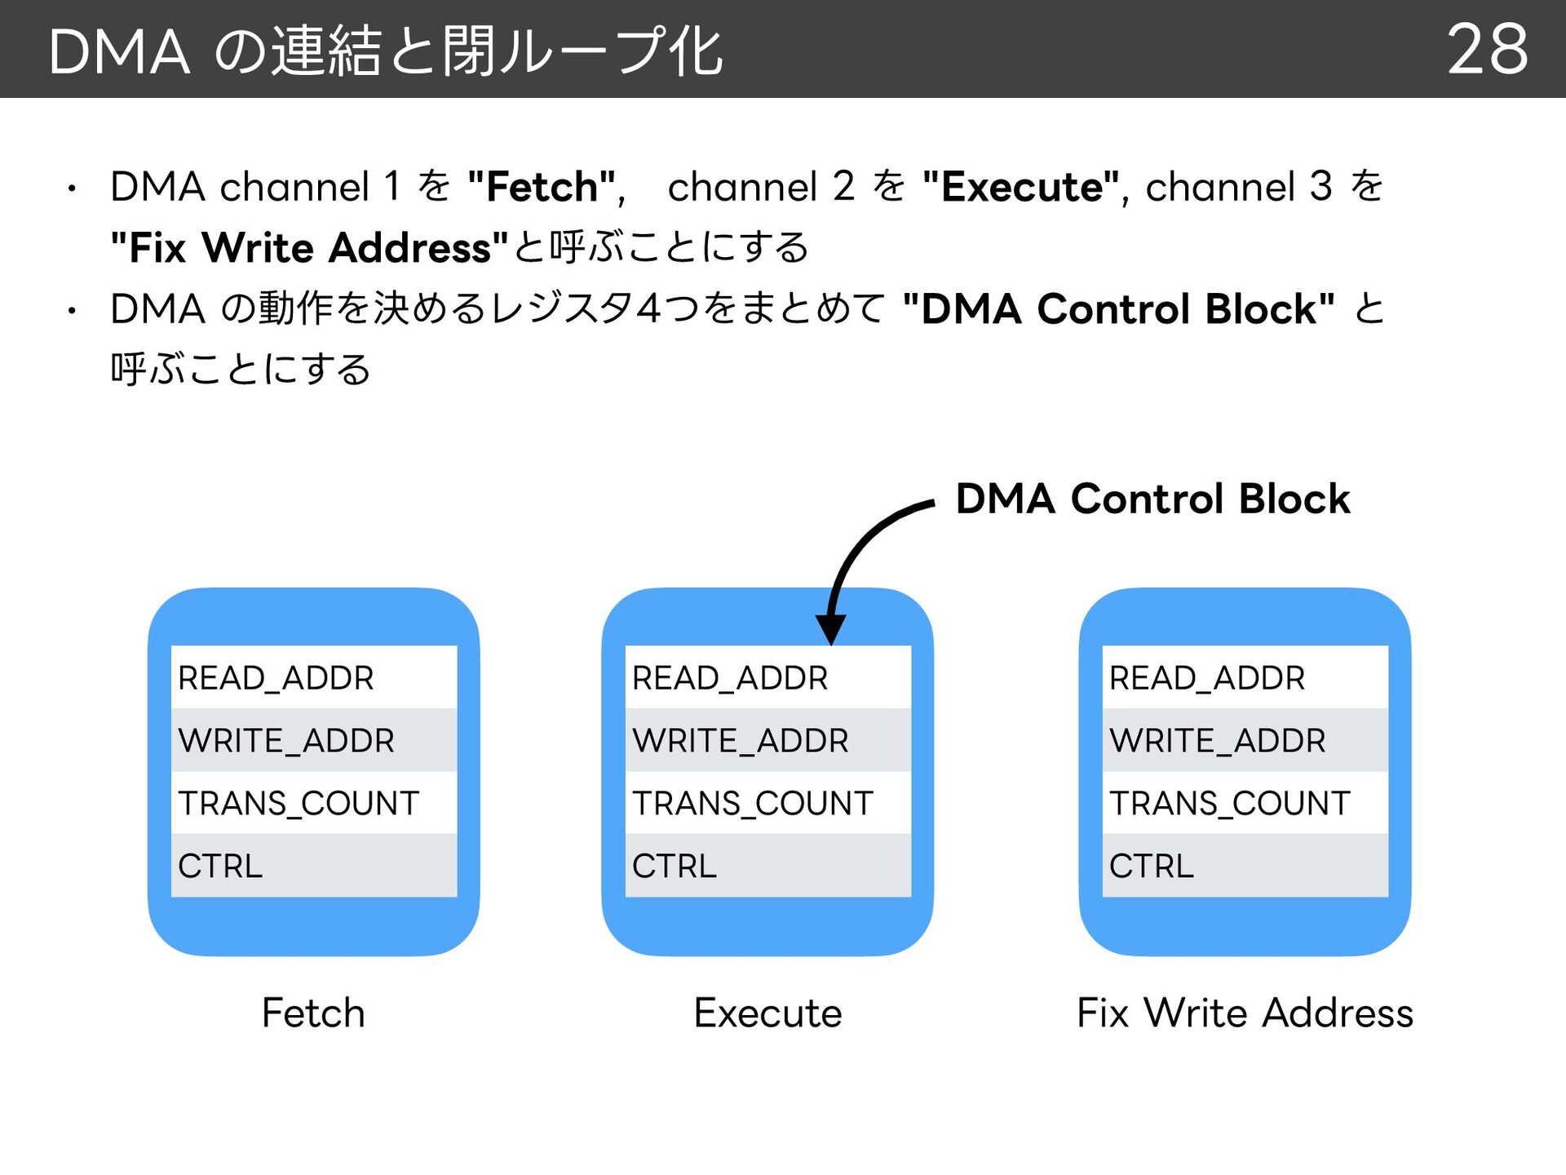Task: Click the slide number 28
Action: coord(1488,49)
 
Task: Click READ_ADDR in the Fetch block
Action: coord(276,678)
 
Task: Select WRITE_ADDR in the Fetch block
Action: coord(286,741)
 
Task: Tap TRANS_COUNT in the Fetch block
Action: coord(299,804)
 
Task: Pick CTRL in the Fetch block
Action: coord(220,866)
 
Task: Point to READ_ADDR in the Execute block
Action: coord(730,678)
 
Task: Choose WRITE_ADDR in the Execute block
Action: coord(741,741)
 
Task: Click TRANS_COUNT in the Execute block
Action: coord(753,804)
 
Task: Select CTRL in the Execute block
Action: coord(675,866)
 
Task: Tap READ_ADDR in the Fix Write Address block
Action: coord(1207,678)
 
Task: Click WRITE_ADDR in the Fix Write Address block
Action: coord(1218,741)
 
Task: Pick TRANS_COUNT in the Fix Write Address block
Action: coord(1230,804)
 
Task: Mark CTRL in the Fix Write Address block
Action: coord(1152,866)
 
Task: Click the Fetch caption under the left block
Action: coord(313,1013)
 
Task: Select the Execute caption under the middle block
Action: coord(768,1013)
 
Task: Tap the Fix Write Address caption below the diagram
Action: coord(1245,1013)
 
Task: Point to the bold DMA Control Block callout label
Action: coord(1152,499)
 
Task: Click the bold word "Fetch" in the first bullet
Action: coord(542,187)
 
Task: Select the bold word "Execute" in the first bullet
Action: coord(1022,187)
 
